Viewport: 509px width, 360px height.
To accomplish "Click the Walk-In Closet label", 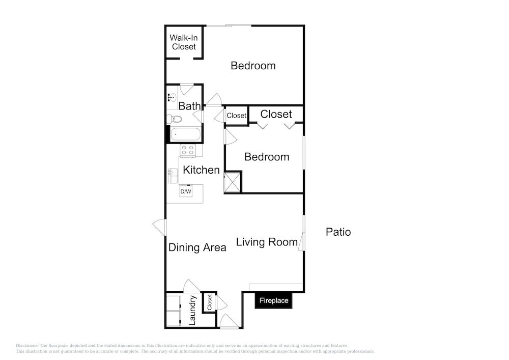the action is click(184, 42).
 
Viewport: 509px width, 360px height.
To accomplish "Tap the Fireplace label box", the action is click(274, 300).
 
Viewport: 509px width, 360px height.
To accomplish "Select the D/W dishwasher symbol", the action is click(186, 191).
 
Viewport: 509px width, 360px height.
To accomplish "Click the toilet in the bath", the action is click(174, 119).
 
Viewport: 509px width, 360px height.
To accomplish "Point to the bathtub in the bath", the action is click(185, 134).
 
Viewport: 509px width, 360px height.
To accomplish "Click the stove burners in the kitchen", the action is click(188, 151).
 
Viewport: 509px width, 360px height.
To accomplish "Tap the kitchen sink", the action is click(173, 176).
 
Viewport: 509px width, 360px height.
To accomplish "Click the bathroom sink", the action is click(172, 97).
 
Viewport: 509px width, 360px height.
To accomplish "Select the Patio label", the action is click(338, 232).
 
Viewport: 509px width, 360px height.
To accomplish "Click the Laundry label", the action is click(192, 310).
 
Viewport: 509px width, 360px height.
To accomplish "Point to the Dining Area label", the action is click(197, 247).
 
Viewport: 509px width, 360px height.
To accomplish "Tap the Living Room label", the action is click(267, 242).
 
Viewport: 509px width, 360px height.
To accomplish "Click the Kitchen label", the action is click(201, 170).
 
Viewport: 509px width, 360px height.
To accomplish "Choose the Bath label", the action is click(189, 106).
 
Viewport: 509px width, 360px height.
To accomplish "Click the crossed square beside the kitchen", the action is click(233, 182).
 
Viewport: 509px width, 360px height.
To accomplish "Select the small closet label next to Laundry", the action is click(209, 302).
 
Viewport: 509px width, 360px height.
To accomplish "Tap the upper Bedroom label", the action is click(253, 66).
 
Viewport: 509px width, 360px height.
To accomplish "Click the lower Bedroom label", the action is click(267, 157).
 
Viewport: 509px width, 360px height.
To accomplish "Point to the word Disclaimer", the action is click(27, 346).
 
